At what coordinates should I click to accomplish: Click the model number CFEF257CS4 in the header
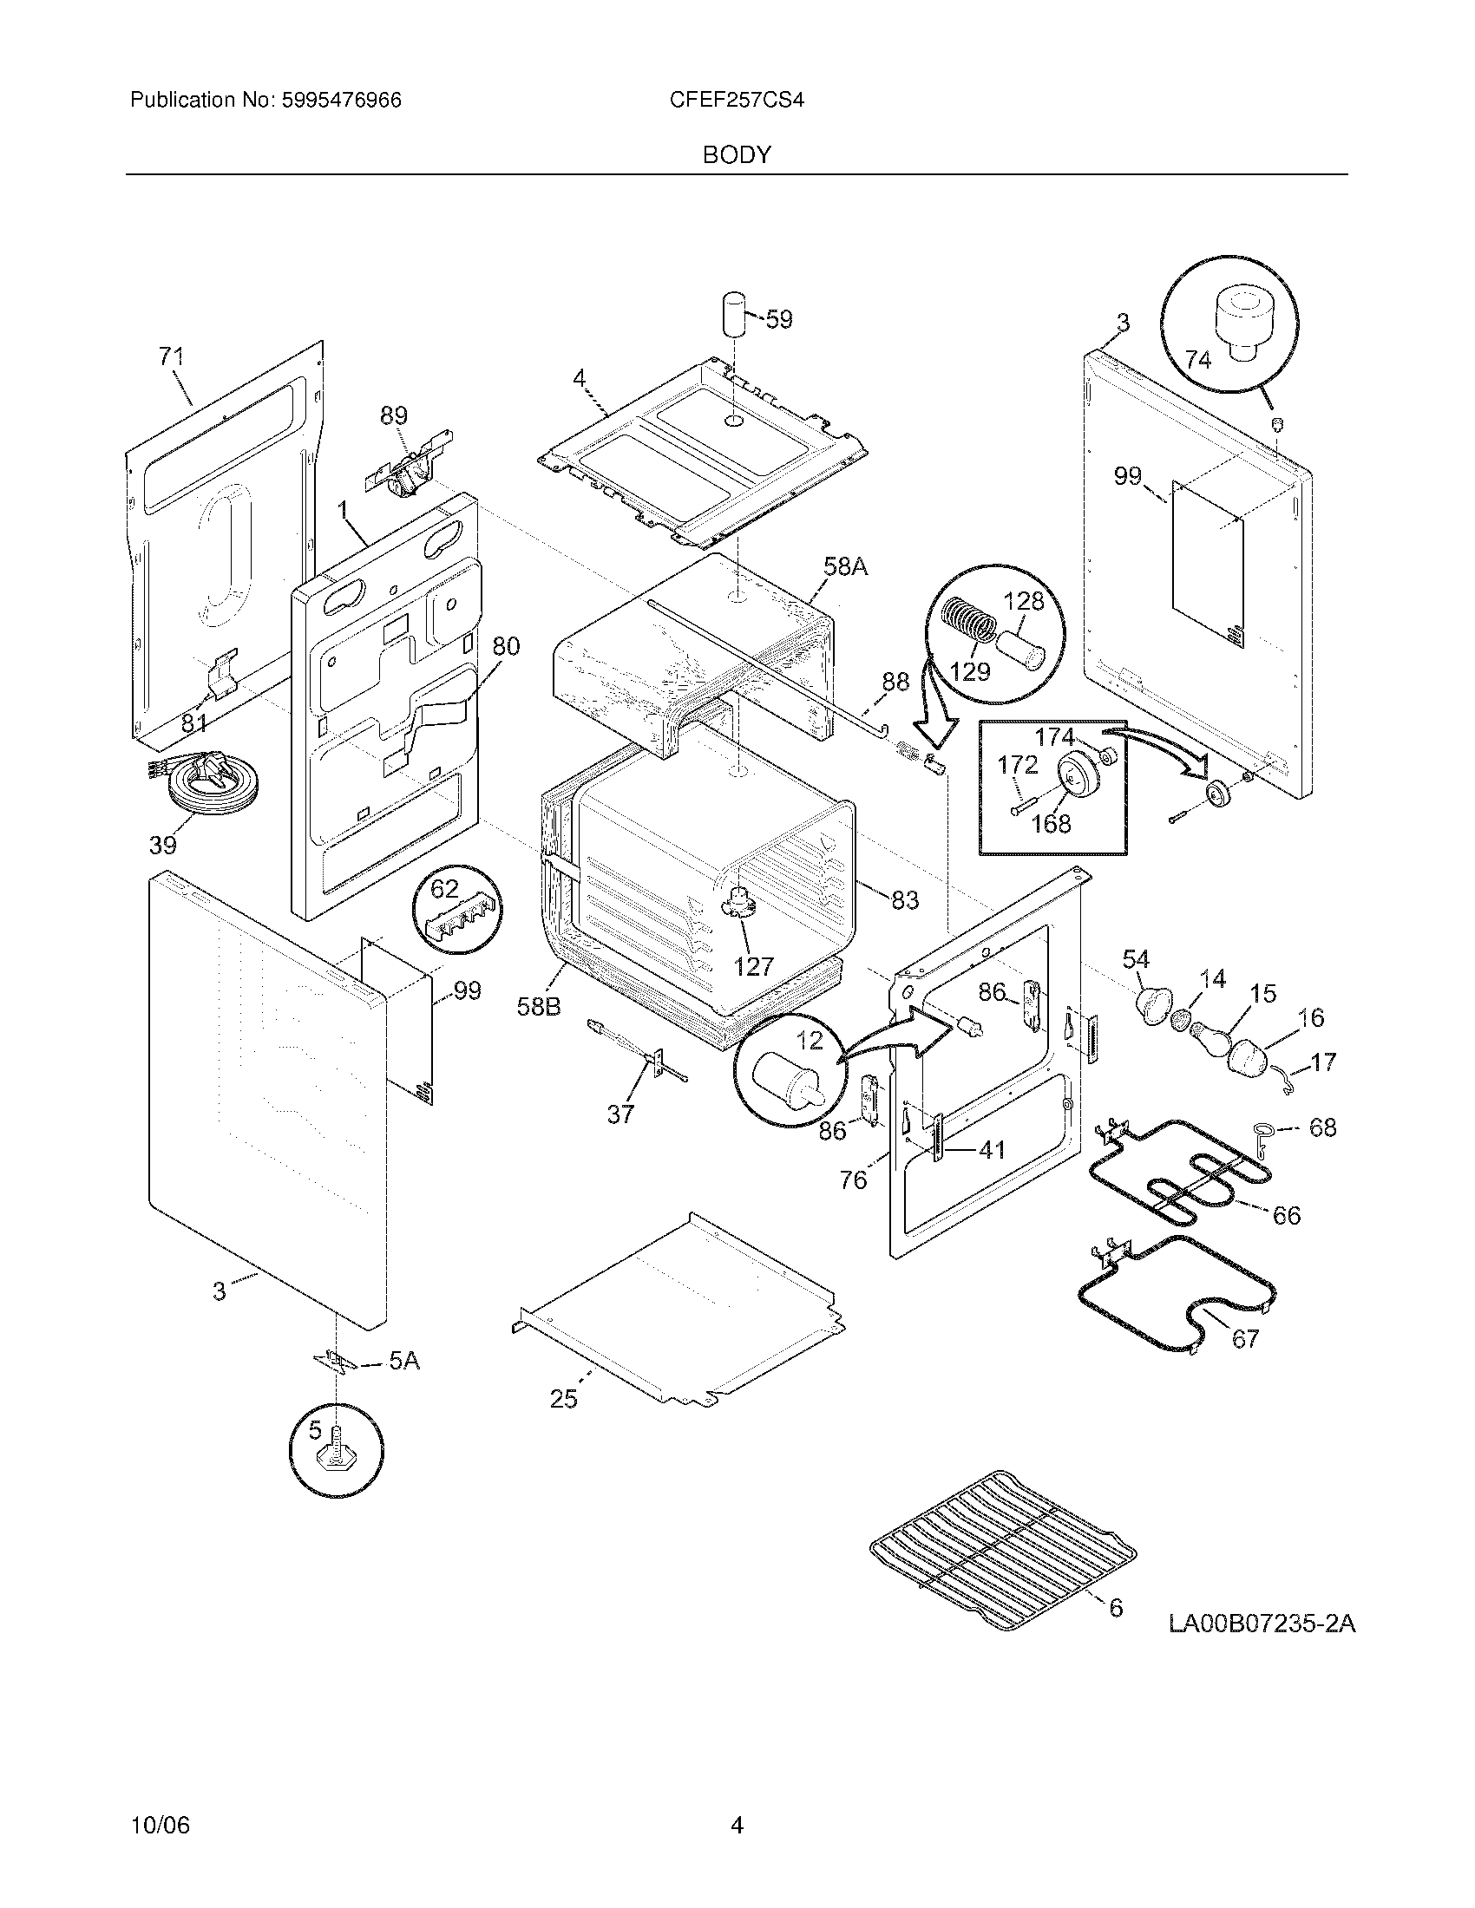click(736, 100)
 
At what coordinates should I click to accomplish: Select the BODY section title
click(737, 154)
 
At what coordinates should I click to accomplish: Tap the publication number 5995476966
click(341, 100)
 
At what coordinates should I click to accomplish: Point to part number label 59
click(777, 320)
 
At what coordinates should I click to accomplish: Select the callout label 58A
click(845, 567)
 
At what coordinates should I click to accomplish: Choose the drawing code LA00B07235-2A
click(1262, 1624)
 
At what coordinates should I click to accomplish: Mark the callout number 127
click(753, 966)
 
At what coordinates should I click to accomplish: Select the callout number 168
click(1051, 823)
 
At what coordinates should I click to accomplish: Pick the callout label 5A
click(403, 1360)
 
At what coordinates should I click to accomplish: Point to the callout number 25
click(564, 1400)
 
